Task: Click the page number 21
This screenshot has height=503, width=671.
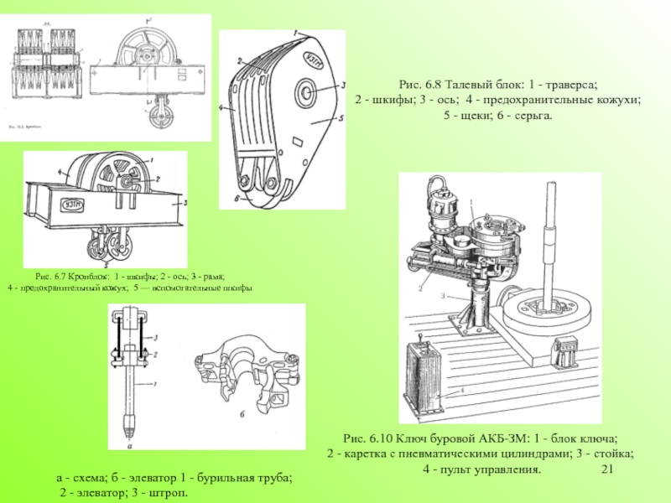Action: [x=609, y=469]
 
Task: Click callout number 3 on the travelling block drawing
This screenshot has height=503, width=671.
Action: [x=343, y=85]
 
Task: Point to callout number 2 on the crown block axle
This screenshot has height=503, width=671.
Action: [x=155, y=179]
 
